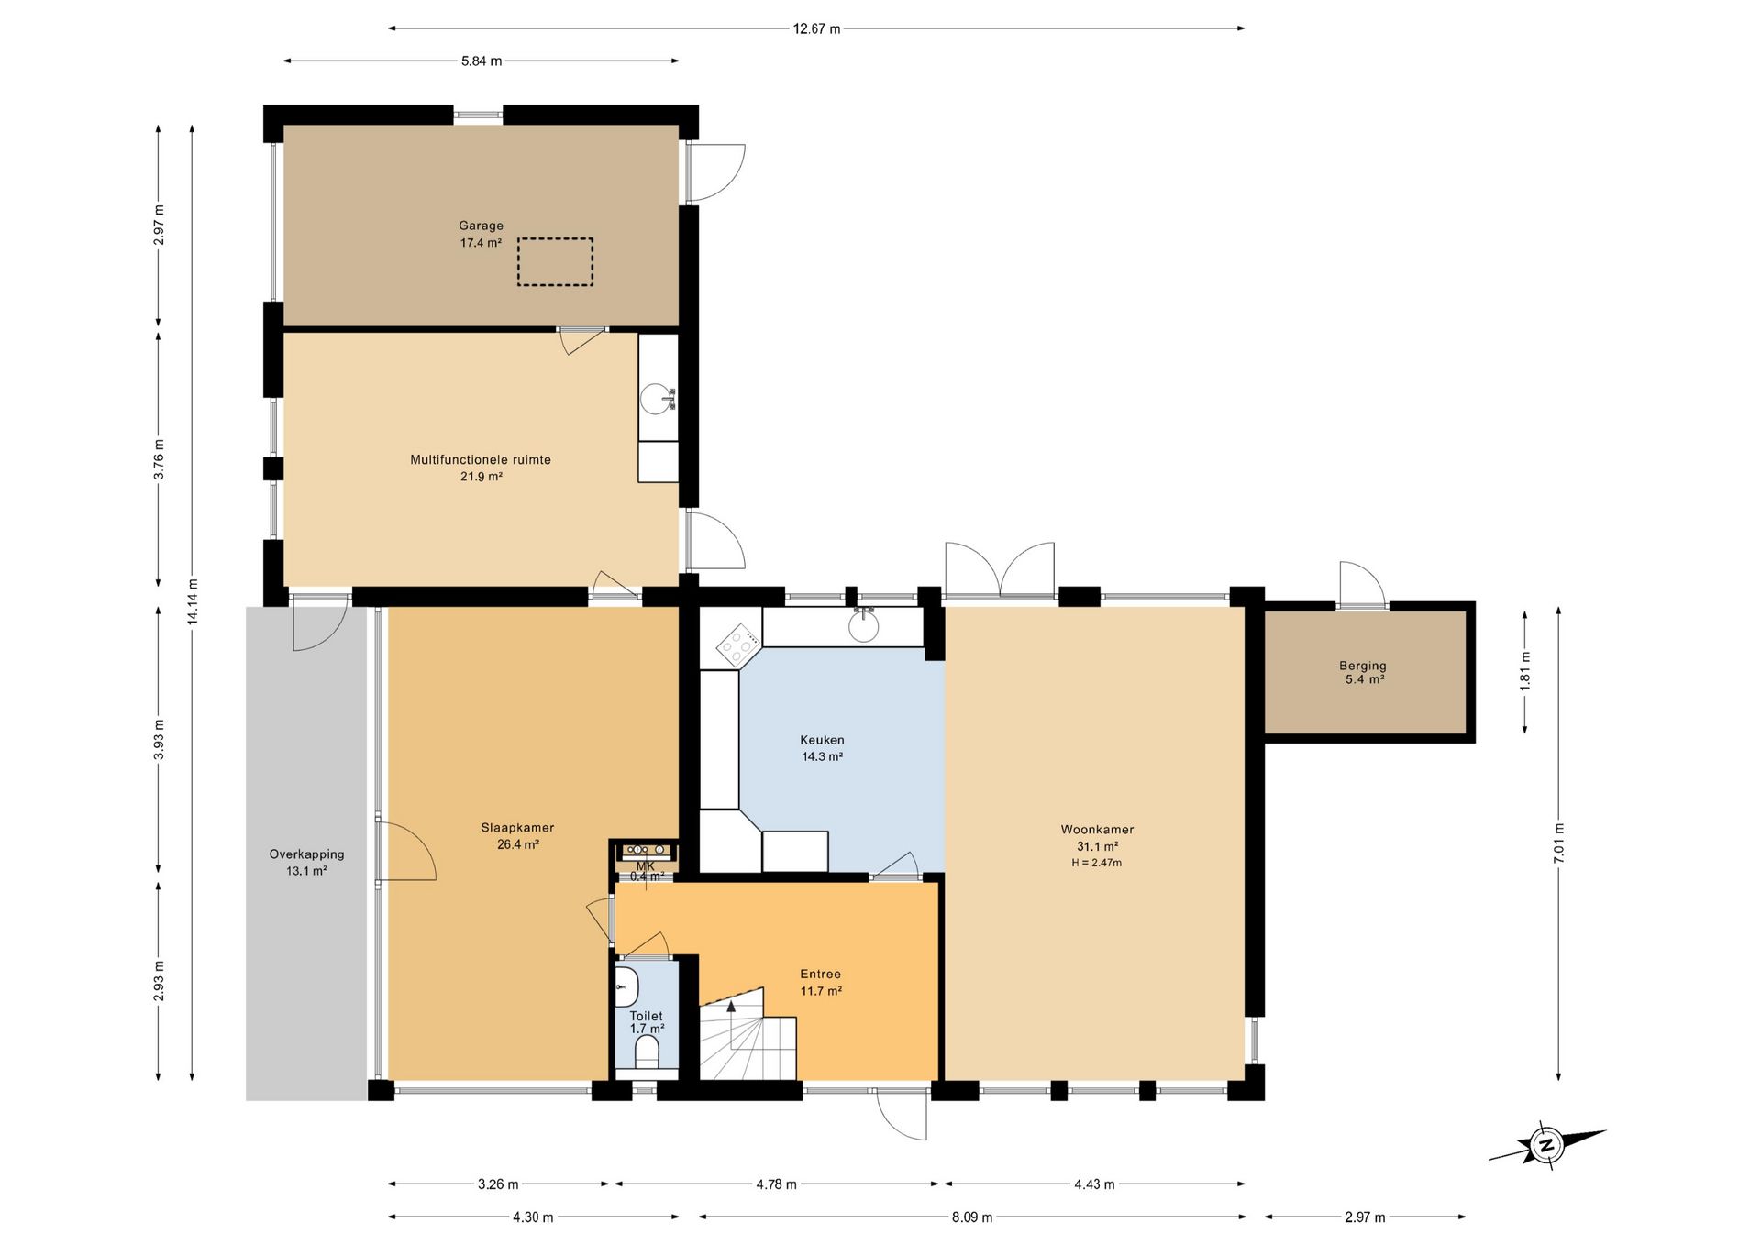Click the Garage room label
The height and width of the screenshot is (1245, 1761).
(x=482, y=226)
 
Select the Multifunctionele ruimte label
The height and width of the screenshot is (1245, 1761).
(x=481, y=459)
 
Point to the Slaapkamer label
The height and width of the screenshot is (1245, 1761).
(x=517, y=827)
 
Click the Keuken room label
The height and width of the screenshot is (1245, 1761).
(x=822, y=740)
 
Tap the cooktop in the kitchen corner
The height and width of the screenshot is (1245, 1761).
(x=737, y=644)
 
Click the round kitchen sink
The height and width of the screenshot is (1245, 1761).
(x=863, y=626)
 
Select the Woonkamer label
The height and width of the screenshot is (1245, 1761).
(x=1097, y=830)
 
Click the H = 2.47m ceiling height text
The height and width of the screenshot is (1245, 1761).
(x=1097, y=863)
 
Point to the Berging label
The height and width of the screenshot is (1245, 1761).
(x=1363, y=666)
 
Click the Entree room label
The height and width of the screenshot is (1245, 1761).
(x=820, y=974)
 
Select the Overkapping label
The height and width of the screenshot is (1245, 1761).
(x=306, y=854)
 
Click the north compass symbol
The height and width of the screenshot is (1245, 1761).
(x=1547, y=1145)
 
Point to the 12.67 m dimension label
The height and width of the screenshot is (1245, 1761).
(x=816, y=28)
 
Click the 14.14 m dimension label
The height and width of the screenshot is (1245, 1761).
(x=193, y=601)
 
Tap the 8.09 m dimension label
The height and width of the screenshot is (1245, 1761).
(x=972, y=1217)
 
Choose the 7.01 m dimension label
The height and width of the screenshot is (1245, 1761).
(x=1559, y=843)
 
